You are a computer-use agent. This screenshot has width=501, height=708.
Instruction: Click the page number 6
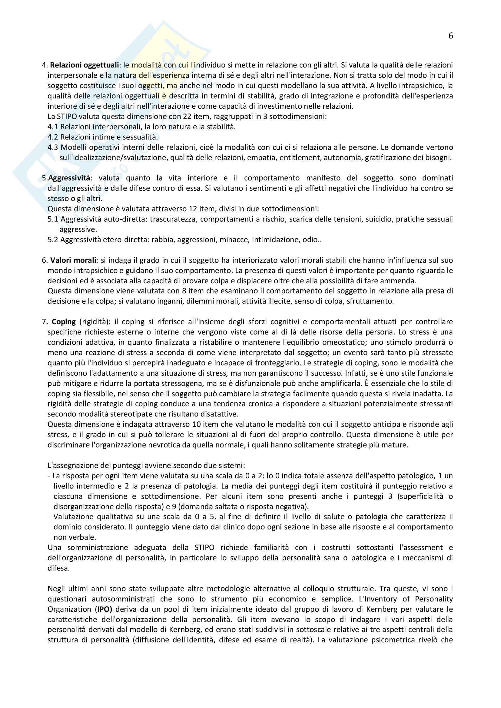[450, 36]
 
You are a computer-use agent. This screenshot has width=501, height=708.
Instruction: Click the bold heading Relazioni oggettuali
[84, 65]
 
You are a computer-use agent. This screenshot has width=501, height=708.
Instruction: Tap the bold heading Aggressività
[69, 178]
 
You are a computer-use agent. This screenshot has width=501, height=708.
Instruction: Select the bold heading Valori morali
[73, 260]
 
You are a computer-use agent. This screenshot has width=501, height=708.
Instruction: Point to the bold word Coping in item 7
[64, 322]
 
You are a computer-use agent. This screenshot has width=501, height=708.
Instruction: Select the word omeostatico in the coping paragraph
[343, 342]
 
